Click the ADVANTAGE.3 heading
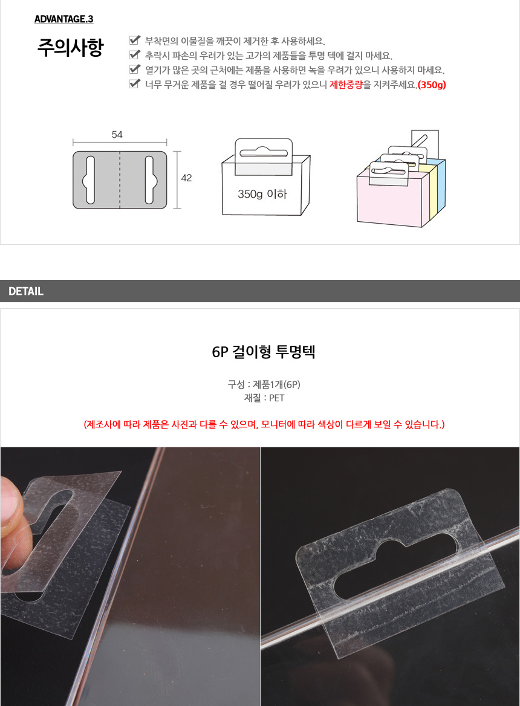64,19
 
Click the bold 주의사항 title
71,47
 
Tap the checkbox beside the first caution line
135,40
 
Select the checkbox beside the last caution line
135,83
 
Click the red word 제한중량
346,85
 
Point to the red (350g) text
432,85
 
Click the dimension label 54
117,135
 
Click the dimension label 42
186,178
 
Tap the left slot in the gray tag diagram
89,180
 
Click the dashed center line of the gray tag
120,180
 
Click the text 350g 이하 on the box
262,194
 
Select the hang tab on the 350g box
264,156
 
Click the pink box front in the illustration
389,201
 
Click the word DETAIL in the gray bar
26,291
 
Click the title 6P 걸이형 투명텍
264,352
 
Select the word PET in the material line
277,398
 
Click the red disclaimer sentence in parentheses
264,424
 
